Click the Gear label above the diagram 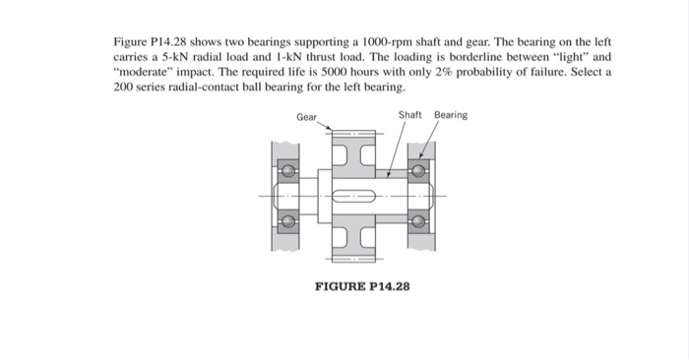pyautogui.click(x=306, y=116)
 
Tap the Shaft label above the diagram pyautogui.click(x=410, y=115)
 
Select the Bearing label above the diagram pyautogui.click(x=451, y=115)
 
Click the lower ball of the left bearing pyautogui.click(x=287, y=220)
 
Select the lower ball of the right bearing pyautogui.click(x=418, y=220)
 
